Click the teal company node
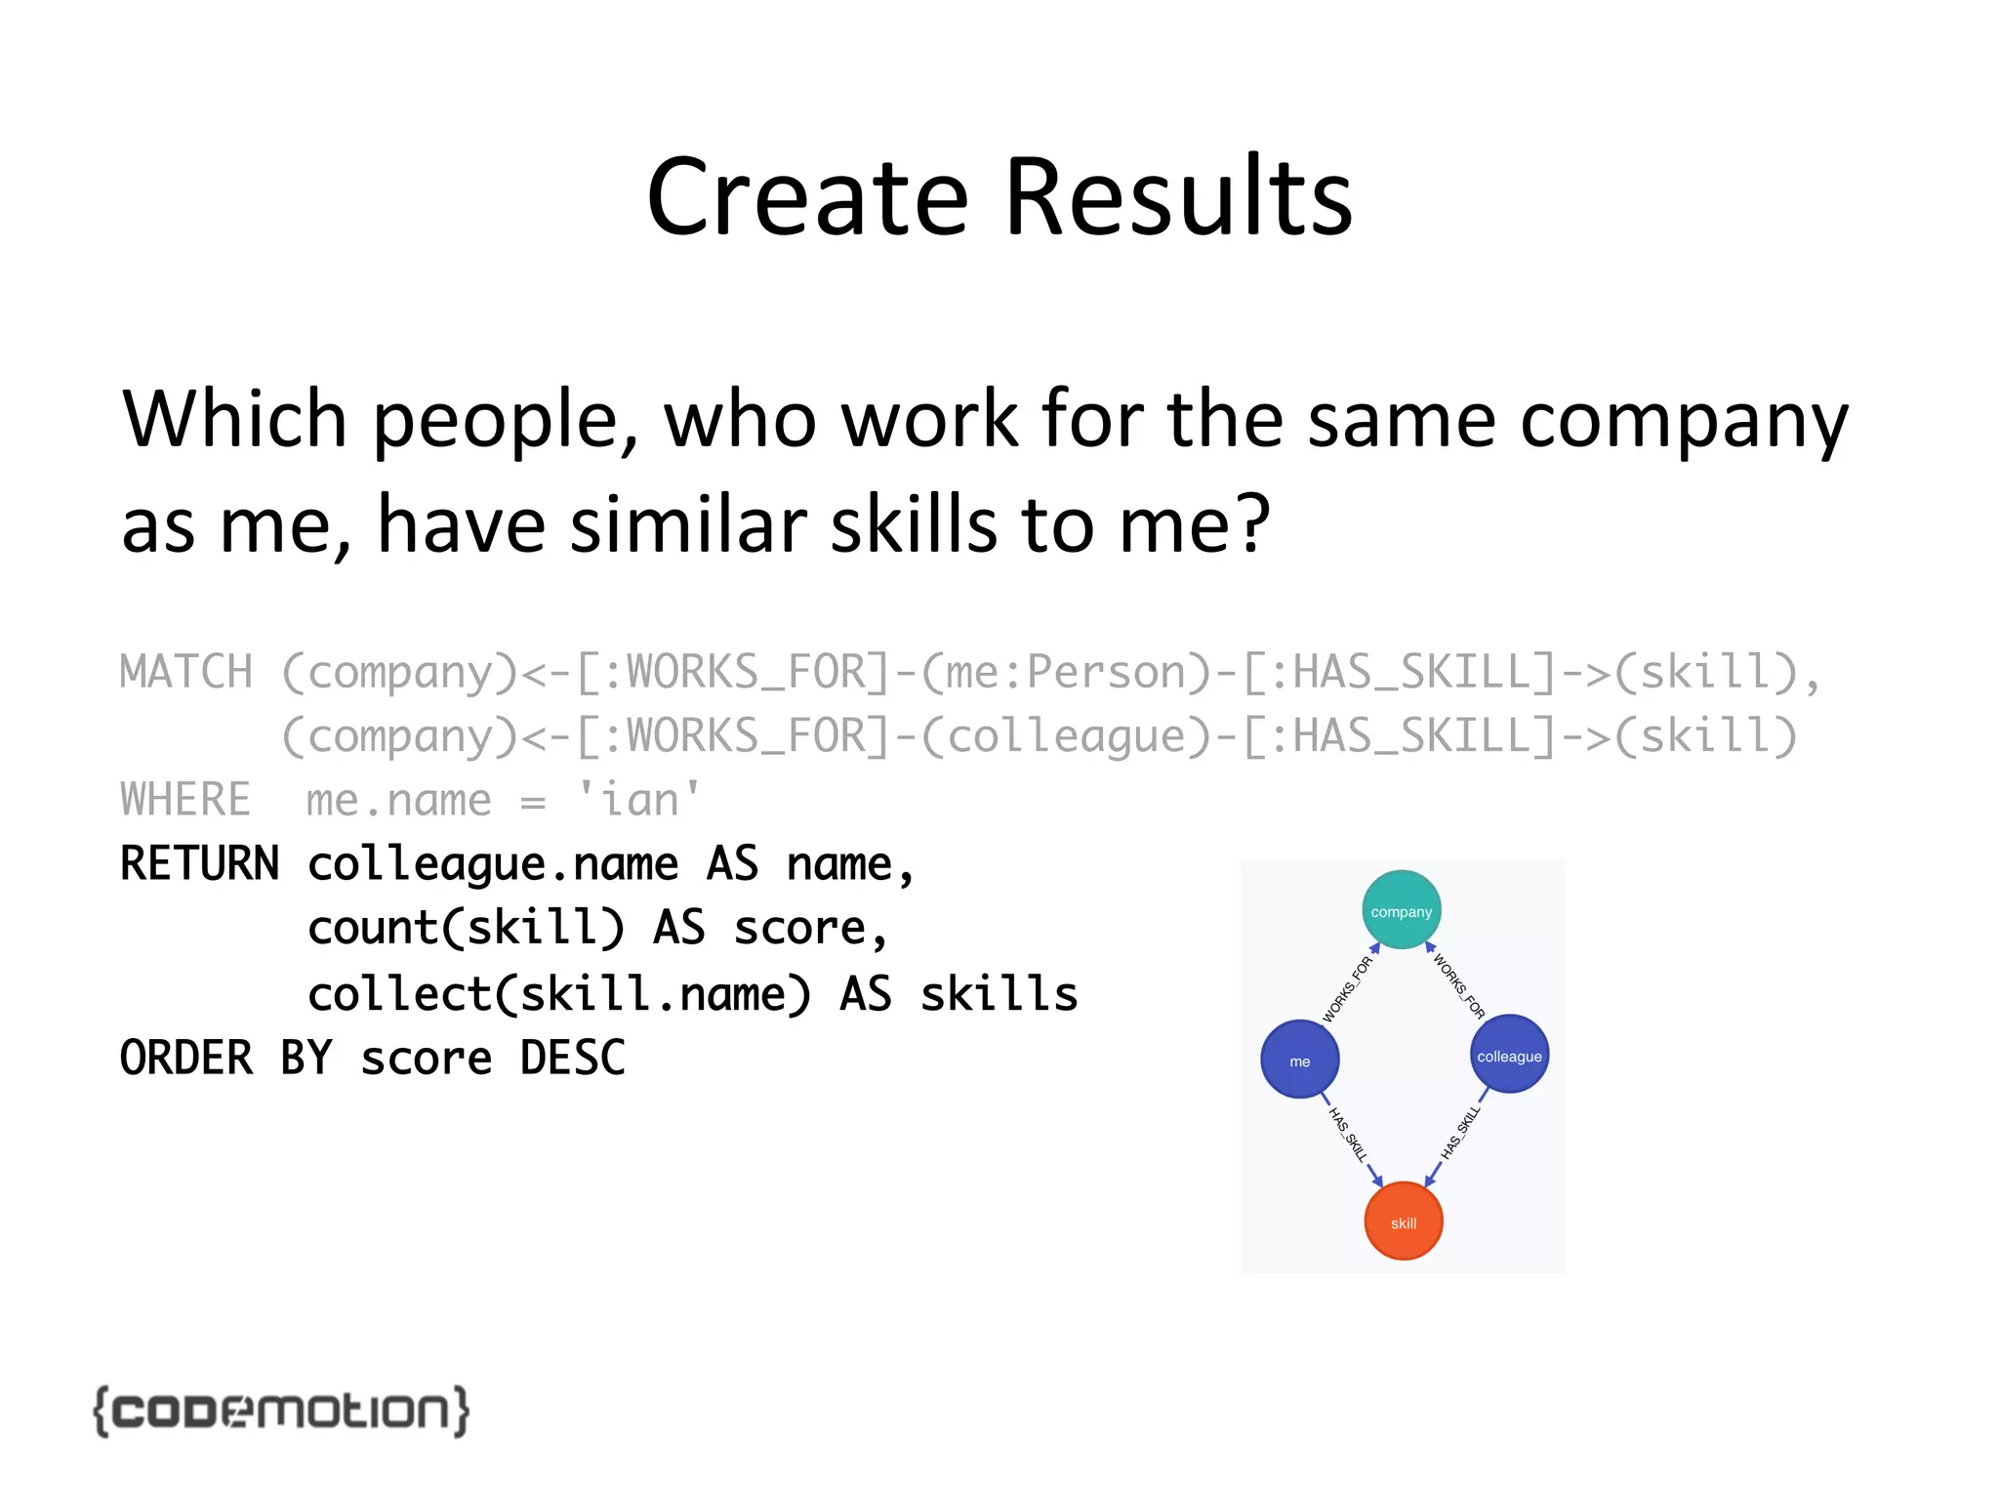coord(1401,910)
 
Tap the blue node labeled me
coord(1299,1060)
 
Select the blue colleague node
coord(1509,1055)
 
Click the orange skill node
coord(1403,1222)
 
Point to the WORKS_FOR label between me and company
coord(1347,988)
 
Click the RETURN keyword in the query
coord(199,864)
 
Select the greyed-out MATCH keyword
coord(185,673)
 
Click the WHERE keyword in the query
coord(185,800)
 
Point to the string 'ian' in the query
coord(639,800)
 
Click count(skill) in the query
coord(466,928)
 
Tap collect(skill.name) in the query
coord(559,994)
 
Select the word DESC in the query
coord(572,1059)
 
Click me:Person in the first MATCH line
coord(1066,673)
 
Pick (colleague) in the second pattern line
coord(1066,736)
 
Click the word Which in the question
coord(234,420)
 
